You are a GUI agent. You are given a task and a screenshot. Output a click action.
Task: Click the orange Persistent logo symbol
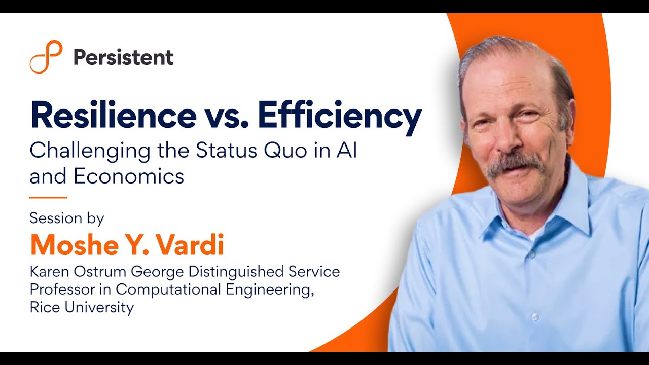click(46, 57)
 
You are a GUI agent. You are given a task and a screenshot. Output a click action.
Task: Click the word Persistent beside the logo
click(123, 57)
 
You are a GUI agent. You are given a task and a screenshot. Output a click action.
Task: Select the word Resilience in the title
click(113, 116)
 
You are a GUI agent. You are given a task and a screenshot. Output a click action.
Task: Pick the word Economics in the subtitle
click(129, 176)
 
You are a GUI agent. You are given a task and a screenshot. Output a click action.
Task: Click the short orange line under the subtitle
click(48, 197)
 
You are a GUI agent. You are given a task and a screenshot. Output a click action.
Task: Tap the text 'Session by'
click(67, 218)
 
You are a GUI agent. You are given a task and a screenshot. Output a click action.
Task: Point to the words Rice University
click(82, 307)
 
